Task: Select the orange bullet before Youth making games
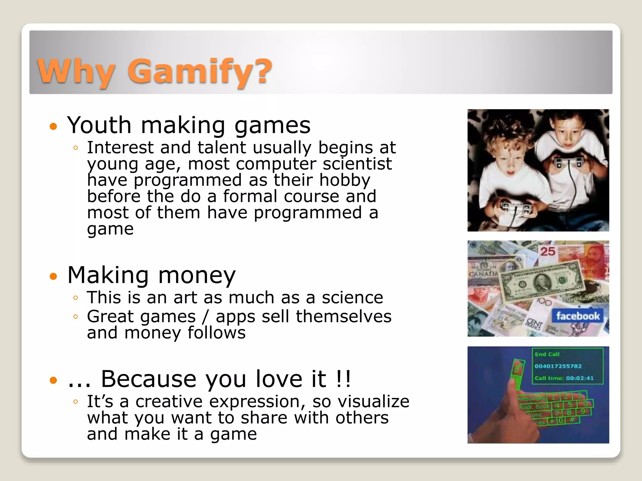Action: point(54,127)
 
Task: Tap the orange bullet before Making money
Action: point(54,277)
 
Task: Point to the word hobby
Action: point(345,180)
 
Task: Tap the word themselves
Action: point(344,316)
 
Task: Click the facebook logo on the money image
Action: point(577,316)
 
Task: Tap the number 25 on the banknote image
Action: point(547,251)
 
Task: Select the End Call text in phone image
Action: point(547,354)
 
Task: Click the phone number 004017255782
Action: point(558,366)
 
